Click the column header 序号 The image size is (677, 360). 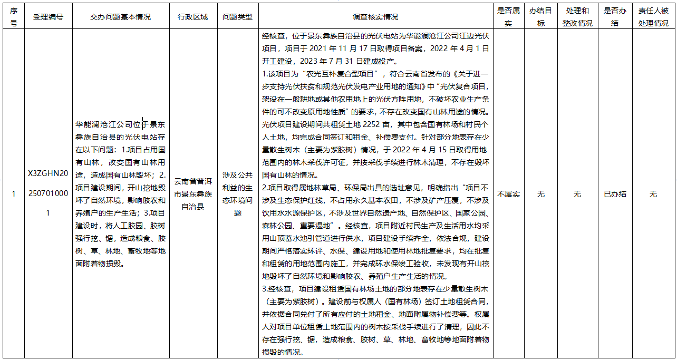[13, 17]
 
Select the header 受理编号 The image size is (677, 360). [48, 17]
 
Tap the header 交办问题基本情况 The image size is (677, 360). [120, 17]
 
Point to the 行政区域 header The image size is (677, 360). [193, 17]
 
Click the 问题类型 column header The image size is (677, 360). [237, 17]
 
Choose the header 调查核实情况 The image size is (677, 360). [375, 17]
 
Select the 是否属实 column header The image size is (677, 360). [508, 17]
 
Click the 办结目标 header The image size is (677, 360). [541, 17]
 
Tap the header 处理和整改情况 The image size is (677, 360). [577, 17]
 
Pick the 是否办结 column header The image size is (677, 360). [615, 17]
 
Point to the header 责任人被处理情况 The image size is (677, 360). [653, 17]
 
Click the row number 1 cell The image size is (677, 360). [13, 194]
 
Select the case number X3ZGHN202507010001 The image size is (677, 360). [48, 193]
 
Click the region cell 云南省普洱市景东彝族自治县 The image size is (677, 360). [193, 194]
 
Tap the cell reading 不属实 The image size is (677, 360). [508, 194]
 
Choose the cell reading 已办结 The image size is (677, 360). [615, 194]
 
